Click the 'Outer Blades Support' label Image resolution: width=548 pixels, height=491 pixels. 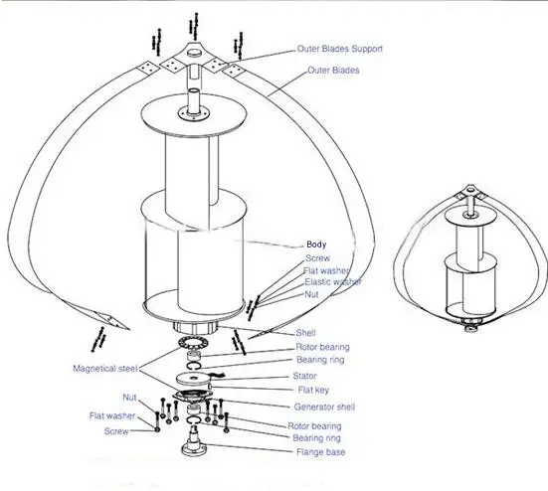(x=339, y=49)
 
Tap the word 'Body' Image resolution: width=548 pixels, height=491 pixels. (x=316, y=244)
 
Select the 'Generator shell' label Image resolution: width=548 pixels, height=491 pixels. (x=324, y=408)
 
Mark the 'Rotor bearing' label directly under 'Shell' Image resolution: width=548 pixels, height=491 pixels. (x=322, y=347)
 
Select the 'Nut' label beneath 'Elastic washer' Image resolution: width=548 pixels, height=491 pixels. (x=311, y=295)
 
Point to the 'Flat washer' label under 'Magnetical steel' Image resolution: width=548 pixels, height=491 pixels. (x=112, y=416)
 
